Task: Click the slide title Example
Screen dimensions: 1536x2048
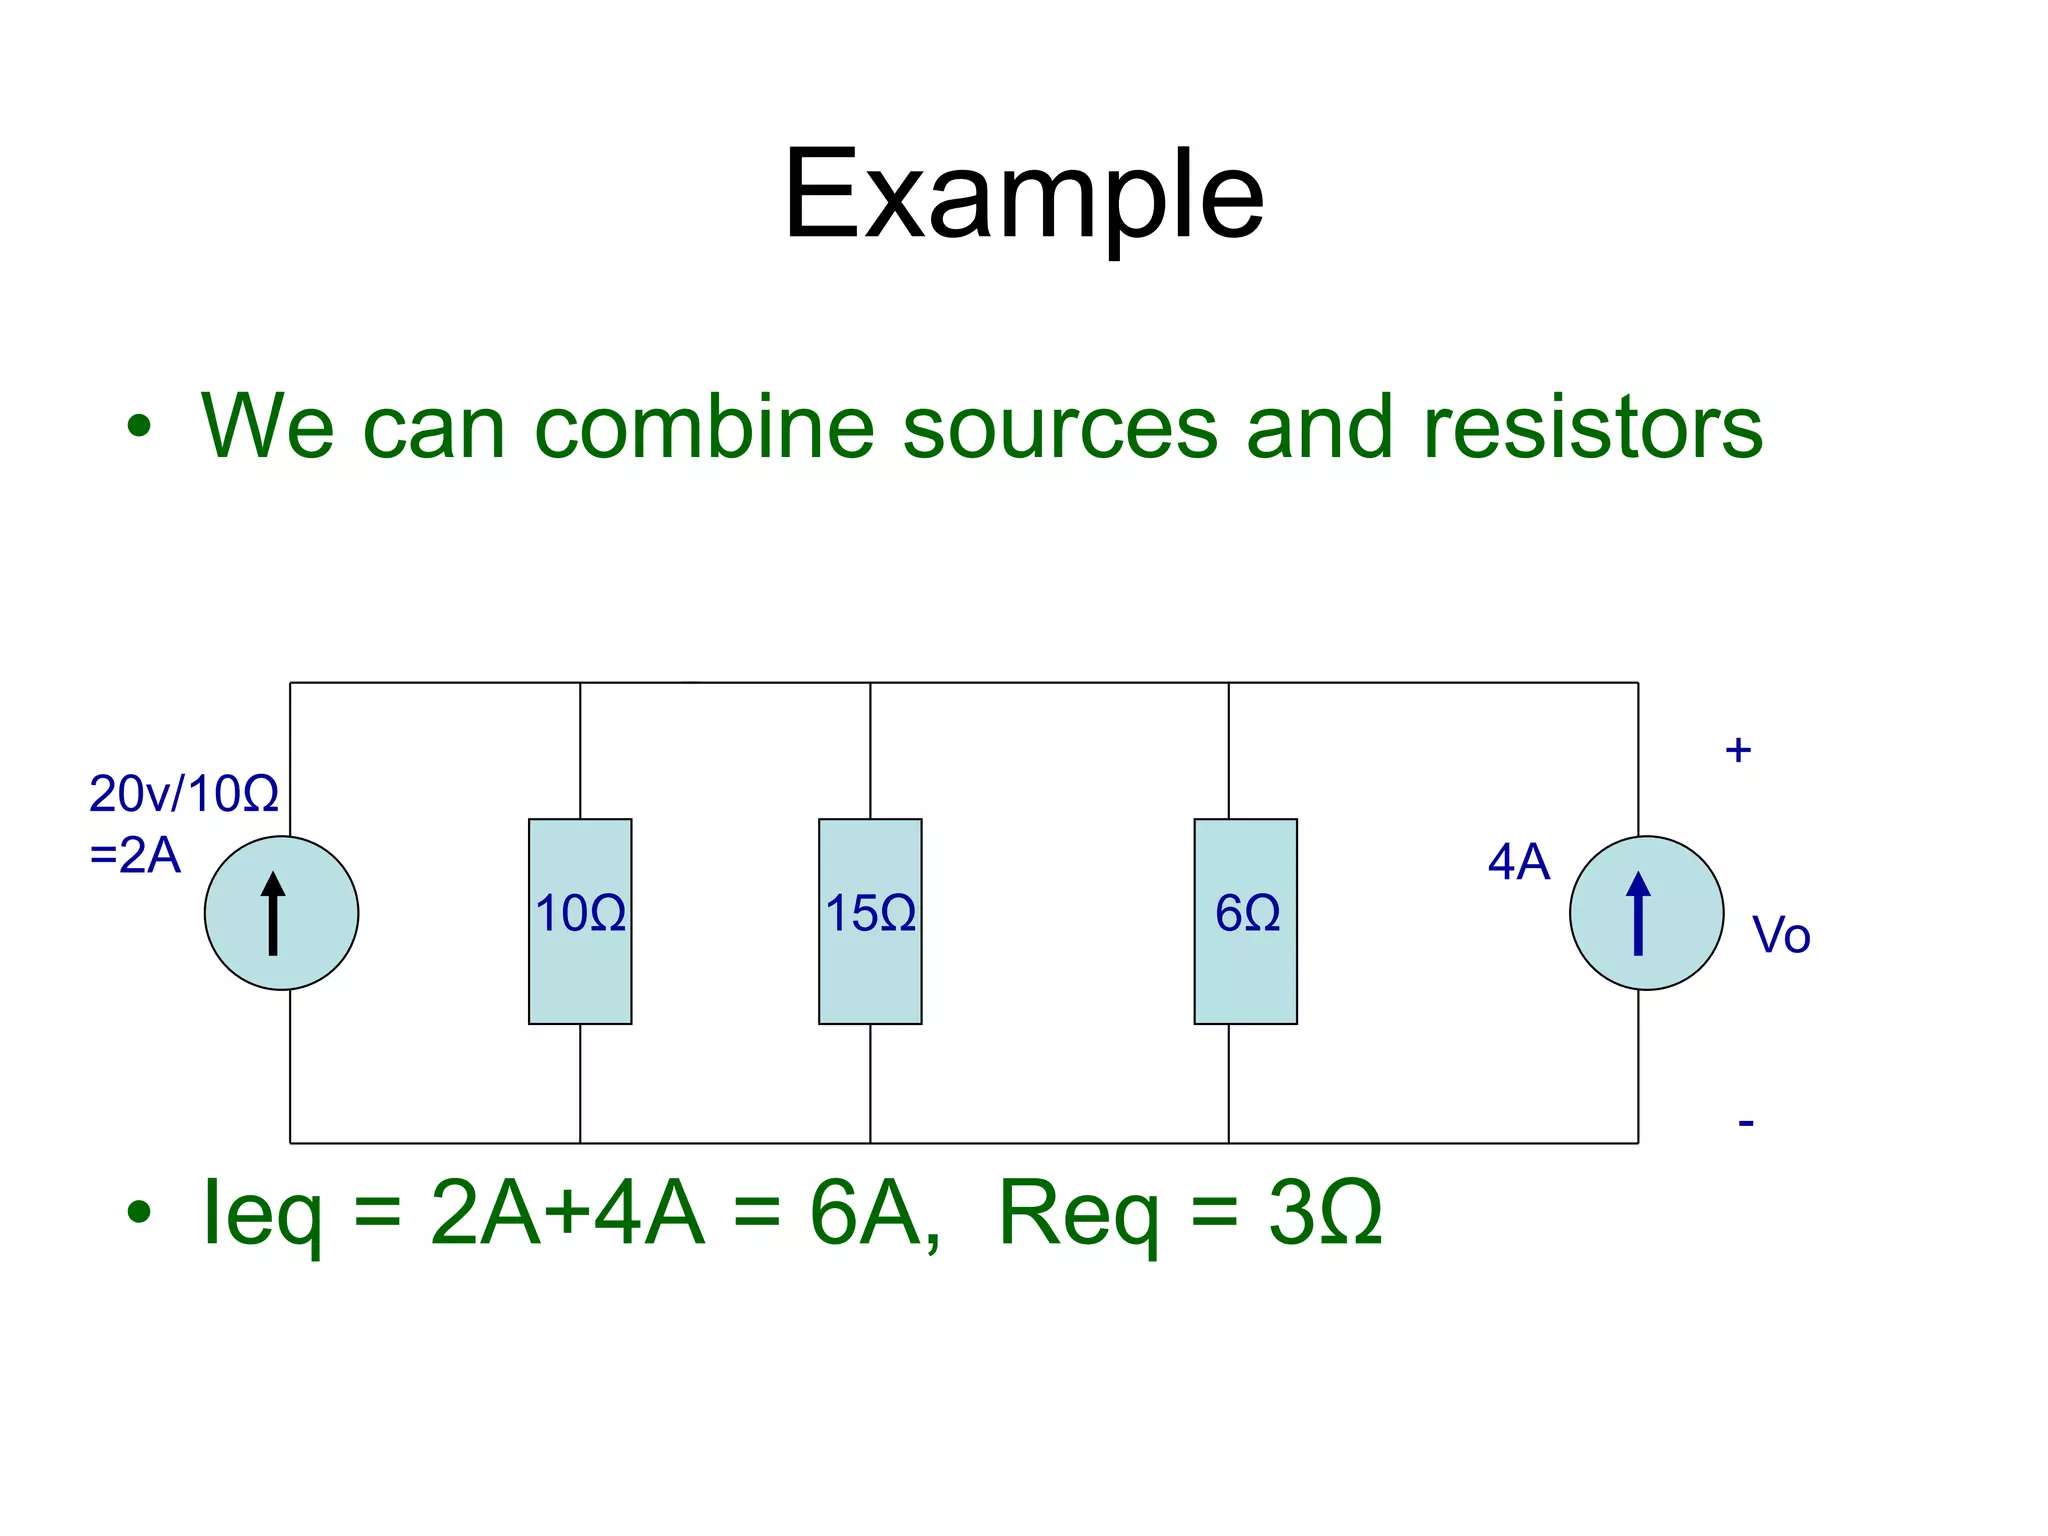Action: pyautogui.click(x=1023, y=195)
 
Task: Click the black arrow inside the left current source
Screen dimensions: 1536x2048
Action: pyautogui.click(x=273, y=913)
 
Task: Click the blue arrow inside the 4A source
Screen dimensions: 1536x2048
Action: pyautogui.click(x=1638, y=913)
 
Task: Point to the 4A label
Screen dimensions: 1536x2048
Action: pyautogui.click(x=1518, y=862)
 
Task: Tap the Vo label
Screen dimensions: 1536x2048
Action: pyautogui.click(x=1781, y=936)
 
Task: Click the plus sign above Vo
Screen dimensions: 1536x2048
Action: pyautogui.click(x=1738, y=750)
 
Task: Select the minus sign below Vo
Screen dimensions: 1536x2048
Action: pyautogui.click(x=1746, y=1123)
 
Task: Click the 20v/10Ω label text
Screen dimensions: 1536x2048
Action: pyautogui.click(x=184, y=794)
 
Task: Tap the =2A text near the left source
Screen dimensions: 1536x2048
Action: pyautogui.click(x=135, y=856)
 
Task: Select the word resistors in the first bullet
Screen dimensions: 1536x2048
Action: pyautogui.click(x=1592, y=427)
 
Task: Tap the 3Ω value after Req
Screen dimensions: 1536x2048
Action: pyautogui.click(x=1325, y=1212)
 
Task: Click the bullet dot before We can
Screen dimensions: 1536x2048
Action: pyautogui.click(x=139, y=427)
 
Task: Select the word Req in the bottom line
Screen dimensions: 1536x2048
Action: pyautogui.click(x=1078, y=1214)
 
